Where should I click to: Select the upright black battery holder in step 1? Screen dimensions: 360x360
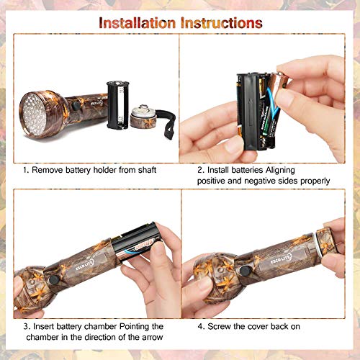pos(117,104)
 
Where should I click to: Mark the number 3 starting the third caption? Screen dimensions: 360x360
pos(24,326)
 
